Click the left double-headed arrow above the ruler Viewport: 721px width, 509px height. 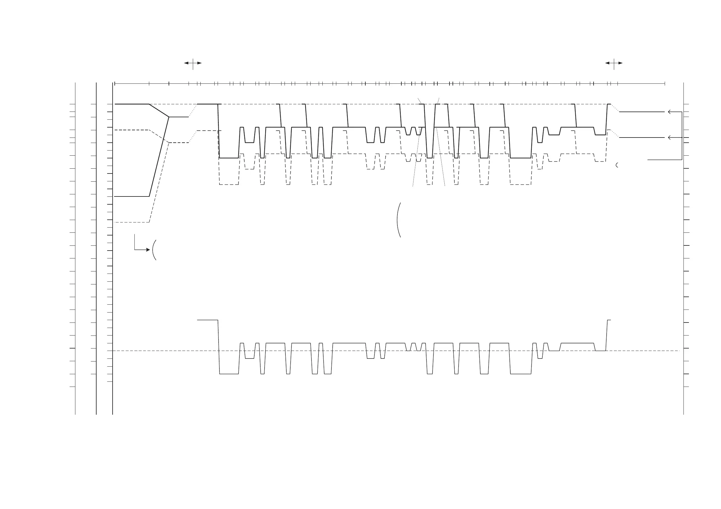[x=193, y=63]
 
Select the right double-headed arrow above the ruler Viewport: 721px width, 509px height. [x=614, y=63]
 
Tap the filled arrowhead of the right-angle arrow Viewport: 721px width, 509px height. [x=148, y=250]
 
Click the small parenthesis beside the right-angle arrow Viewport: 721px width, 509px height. [x=154, y=250]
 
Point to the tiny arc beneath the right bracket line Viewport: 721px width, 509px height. [x=617, y=165]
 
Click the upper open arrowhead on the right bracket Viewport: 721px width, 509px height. [x=670, y=112]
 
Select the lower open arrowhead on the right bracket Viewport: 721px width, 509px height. [x=670, y=138]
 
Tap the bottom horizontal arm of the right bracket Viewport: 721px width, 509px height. [x=664, y=160]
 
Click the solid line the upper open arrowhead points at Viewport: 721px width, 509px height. [x=640, y=112]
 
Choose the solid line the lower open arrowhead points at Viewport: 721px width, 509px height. [x=640, y=138]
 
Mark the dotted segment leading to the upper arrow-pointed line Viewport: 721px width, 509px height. [x=615, y=108]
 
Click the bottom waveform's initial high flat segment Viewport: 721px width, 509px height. [x=207, y=320]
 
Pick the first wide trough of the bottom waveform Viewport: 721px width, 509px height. [x=229, y=374]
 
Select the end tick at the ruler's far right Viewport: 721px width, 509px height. [x=665, y=84]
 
